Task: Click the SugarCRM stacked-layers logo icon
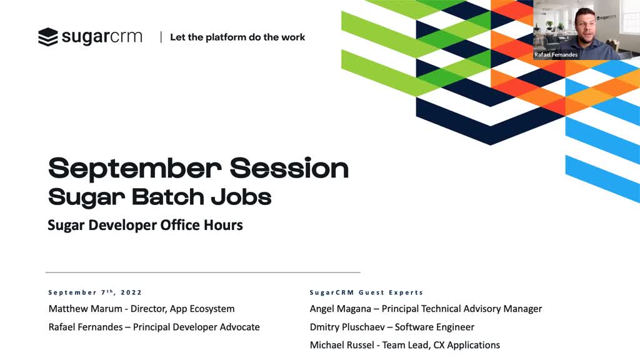(x=47, y=37)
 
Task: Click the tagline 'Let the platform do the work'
(x=237, y=37)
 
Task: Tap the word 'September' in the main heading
(x=135, y=169)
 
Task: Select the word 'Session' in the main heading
(x=289, y=167)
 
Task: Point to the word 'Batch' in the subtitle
(x=168, y=197)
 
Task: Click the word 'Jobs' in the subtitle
(x=241, y=197)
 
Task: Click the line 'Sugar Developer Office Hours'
(x=145, y=225)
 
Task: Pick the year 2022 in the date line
(x=131, y=292)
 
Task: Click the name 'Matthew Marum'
(x=85, y=309)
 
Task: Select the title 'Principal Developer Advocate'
(x=196, y=327)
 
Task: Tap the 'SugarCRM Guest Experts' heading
(x=366, y=292)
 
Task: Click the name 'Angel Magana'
(x=341, y=309)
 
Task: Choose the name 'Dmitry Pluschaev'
(x=347, y=327)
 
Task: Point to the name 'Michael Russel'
(x=342, y=345)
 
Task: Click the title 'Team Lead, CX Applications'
(x=441, y=345)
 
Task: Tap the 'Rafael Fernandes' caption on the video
(x=556, y=55)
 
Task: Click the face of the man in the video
(x=586, y=25)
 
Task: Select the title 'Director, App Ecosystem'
(x=182, y=309)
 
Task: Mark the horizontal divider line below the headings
(x=203, y=272)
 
